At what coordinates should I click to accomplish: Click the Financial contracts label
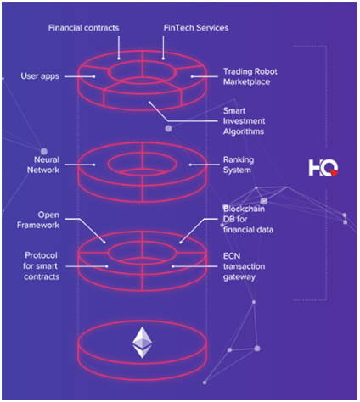[x=83, y=28]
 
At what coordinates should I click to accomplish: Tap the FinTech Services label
[x=196, y=28]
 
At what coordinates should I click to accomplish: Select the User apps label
[x=40, y=76]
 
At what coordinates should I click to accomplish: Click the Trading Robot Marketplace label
[x=250, y=76]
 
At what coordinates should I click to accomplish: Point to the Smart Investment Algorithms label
[x=244, y=121]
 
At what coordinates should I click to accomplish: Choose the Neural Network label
[x=43, y=165]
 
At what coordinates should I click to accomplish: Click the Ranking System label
[x=239, y=165]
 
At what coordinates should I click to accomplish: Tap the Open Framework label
[x=38, y=220]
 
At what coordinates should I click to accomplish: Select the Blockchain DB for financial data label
[x=248, y=219]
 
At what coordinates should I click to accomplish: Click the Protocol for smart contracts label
[x=42, y=266]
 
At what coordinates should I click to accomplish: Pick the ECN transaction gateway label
[x=244, y=266]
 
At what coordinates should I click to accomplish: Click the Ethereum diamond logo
[x=143, y=343]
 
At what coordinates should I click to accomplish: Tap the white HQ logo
[x=323, y=168]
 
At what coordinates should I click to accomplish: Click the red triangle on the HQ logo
[x=334, y=173]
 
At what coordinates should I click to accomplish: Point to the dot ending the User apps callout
[x=94, y=76]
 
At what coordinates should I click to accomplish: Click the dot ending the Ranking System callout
[x=190, y=165]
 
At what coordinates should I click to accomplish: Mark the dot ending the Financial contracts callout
[x=119, y=59]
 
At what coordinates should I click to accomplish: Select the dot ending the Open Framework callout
[x=104, y=243]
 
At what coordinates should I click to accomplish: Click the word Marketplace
[x=246, y=82]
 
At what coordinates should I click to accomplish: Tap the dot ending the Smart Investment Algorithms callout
[x=149, y=103]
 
